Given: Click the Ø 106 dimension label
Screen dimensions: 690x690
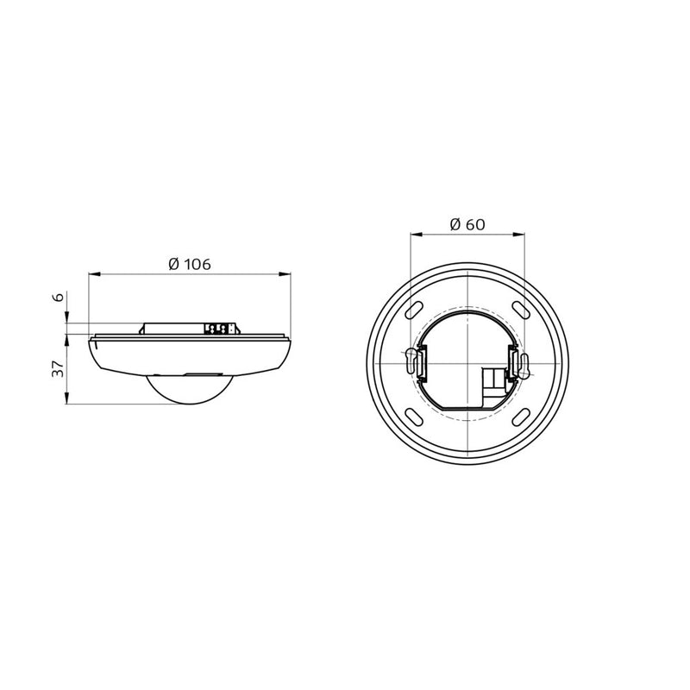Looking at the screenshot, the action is (190, 264).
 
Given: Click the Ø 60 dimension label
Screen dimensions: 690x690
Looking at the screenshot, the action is (467, 224).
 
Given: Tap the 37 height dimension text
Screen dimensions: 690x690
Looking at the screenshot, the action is (59, 369).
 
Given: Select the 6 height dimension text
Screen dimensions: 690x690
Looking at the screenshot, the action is (59, 297).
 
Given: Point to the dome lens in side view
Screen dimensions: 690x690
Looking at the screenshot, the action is (190, 390).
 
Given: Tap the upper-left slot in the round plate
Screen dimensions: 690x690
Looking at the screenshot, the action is (415, 310).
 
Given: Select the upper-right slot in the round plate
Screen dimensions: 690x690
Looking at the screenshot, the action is (521, 310).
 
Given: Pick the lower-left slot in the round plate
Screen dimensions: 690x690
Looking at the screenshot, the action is (415, 417).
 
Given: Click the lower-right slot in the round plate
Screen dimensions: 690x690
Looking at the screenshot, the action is (521, 417).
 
